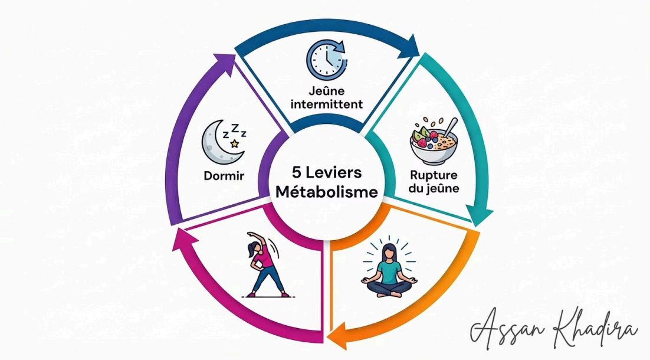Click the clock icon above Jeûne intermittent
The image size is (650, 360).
[x=326, y=60]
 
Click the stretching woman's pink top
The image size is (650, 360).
[x=263, y=257]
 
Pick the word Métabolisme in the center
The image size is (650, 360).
[x=326, y=192]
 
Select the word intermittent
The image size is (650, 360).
[x=326, y=104]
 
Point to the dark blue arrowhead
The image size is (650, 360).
[x=407, y=46]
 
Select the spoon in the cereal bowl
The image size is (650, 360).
[x=451, y=127]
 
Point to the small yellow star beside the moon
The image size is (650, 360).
[x=234, y=143]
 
